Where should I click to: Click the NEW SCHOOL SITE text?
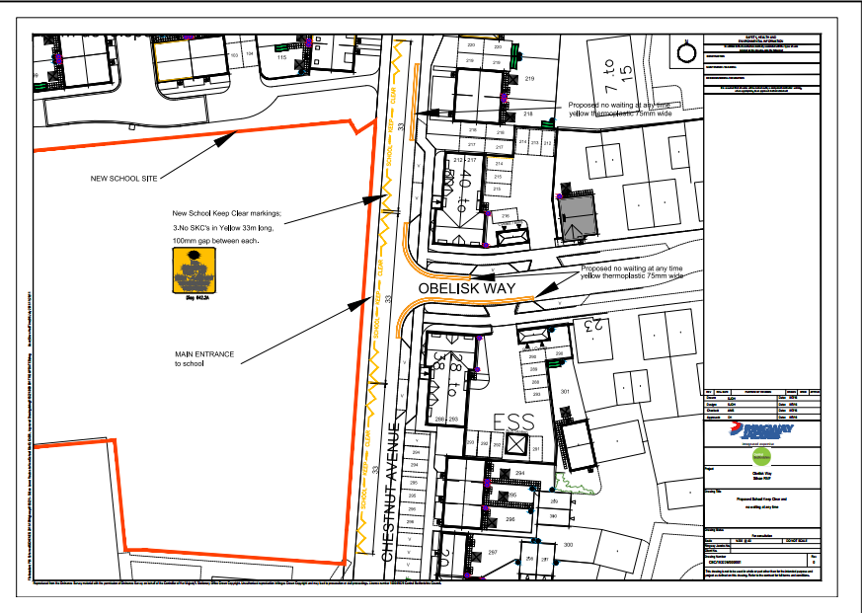pyautogui.click(x=122, y=180)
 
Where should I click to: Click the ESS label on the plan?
pyautogui.click(x=513, y=422)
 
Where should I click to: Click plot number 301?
pyautogui.click(x=566, y=392)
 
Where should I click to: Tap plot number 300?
pyautogui.click(x=567, y=545)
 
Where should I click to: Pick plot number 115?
pyautogui.click(x=281, y=58)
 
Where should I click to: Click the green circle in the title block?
pyautogui.click(x=760, y=459)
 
